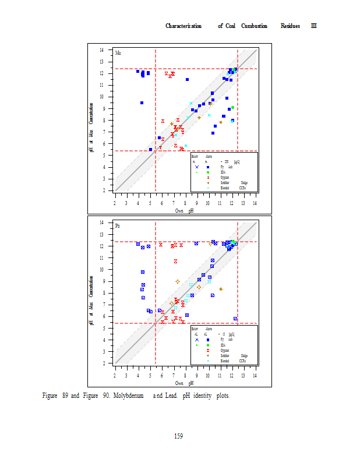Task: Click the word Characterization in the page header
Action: [x=183, y=26]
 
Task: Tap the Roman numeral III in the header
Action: [x=313, y=26]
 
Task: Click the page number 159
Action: [x=179, y=436]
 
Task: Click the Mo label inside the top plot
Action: [x=118, y=54]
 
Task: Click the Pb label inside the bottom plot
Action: [x=118, y=225]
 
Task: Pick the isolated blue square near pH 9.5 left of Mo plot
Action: [x=142, y=103]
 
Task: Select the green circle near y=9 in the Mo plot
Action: [x=232, y=108]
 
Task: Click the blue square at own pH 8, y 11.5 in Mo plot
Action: [x=187, y=79]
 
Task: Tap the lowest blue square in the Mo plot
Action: [x=150, y=150]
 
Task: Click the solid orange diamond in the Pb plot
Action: [x=221, y=289]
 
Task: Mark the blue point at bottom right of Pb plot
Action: [x=235, y=319]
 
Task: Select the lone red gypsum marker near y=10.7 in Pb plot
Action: [x=175, y=261]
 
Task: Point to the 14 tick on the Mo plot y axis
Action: [x=103, y=50]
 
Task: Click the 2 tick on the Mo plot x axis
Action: [x=115, y=203]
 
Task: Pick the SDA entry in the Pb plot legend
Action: [x=223, y=345]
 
